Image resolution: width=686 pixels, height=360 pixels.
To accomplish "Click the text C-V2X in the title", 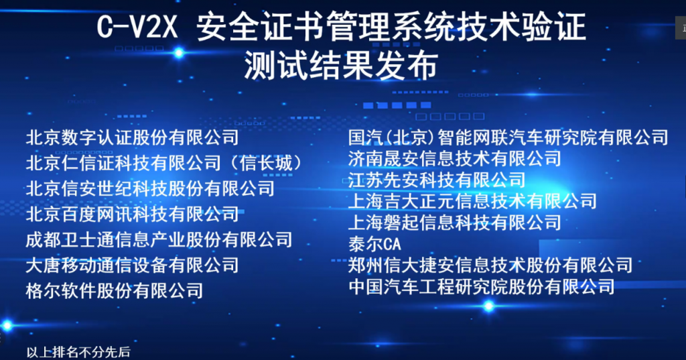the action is (137, 27).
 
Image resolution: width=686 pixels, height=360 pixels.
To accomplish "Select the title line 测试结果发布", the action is (341, 65).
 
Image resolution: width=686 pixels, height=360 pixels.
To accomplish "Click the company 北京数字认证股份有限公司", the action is (132, 137).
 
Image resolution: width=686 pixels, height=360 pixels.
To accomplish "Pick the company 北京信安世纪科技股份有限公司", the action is (150, 189).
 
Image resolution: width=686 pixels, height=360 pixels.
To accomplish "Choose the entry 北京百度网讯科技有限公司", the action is (132, 214).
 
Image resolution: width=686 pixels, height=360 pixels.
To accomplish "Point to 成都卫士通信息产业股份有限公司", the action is (159, 239).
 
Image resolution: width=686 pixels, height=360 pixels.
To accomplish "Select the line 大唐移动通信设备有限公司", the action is (132, 265).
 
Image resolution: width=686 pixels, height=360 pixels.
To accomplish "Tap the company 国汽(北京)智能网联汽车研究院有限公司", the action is (508, 137).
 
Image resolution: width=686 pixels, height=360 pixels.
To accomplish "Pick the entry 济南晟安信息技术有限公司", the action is (455, 158).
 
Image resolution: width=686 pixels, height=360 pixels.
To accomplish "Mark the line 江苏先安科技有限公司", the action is (437, 180).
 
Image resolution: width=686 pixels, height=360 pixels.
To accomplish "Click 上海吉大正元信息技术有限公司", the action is (472, 201).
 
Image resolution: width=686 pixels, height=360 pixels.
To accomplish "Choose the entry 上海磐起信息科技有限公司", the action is (455, 223).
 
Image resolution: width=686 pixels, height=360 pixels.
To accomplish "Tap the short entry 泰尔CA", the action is (374, 244).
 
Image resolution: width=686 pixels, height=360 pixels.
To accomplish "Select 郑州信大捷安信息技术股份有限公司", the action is (490, 265).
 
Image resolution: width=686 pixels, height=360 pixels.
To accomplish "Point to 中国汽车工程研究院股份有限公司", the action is (481, 286).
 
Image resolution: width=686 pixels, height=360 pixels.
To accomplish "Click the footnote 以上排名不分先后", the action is (78, 352).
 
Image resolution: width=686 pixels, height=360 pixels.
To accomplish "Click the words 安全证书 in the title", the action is (261, 27).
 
